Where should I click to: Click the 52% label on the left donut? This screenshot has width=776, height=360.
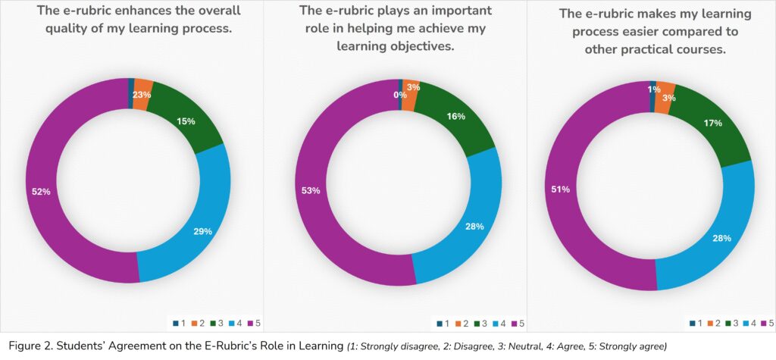click(x=41, y=192)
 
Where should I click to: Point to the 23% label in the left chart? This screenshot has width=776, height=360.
click(x=142, y=95)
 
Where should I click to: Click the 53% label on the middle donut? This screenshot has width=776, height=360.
click(x=311, y=190)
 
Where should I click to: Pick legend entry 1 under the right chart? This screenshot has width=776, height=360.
click(x=697, y=324)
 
